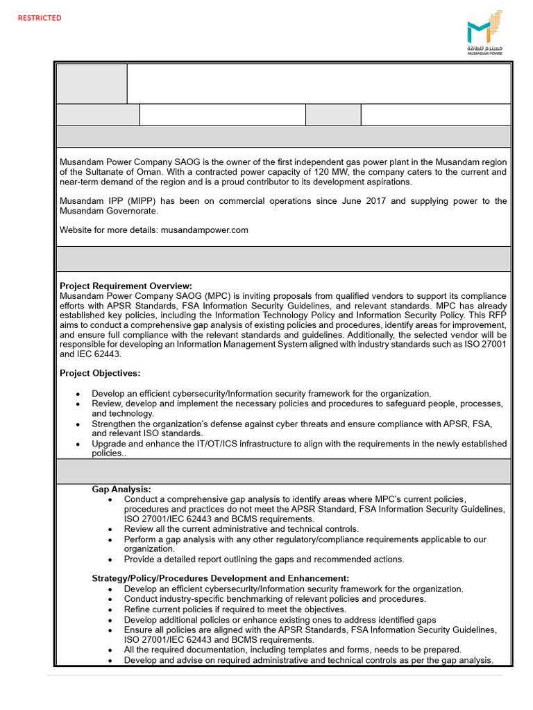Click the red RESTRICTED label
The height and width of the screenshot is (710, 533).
click(40, 18)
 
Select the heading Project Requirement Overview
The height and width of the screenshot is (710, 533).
click(126, 286)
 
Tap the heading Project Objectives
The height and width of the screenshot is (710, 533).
click(100, 373)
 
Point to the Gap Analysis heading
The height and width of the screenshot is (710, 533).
click(121, 489)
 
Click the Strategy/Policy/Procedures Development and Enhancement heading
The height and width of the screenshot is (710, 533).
click(220, 578)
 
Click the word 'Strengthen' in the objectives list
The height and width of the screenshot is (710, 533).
click(117, 423)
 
